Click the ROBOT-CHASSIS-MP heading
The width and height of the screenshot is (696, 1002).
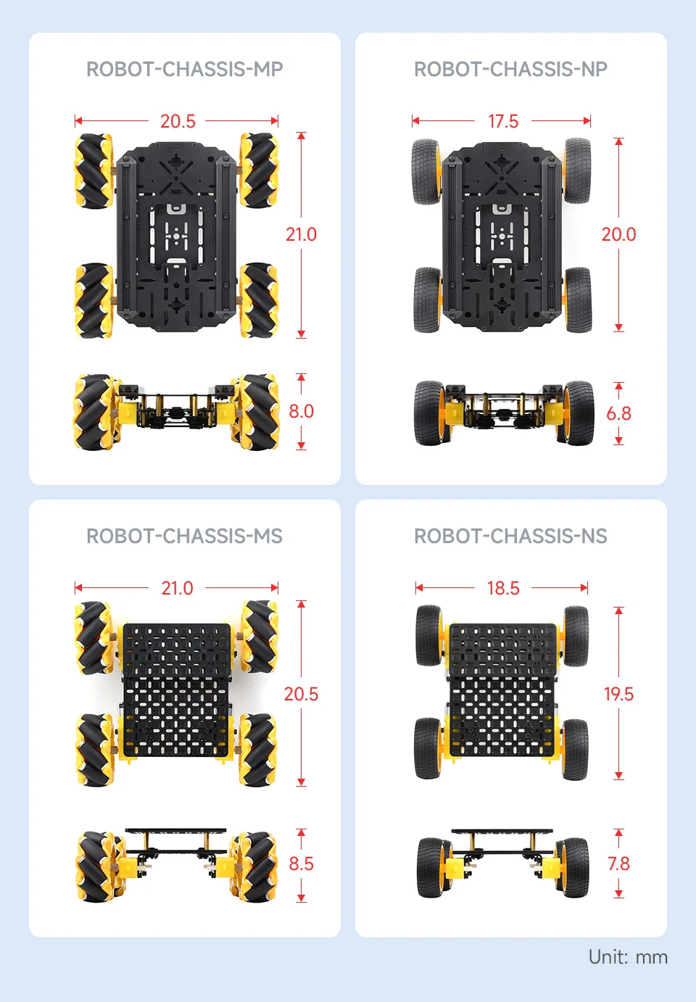click(184, 69)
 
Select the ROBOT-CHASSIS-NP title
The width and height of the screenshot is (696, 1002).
click(510, 69)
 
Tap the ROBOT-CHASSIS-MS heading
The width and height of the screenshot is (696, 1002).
click(184, 536)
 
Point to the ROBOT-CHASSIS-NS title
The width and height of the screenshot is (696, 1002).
click(510, 536)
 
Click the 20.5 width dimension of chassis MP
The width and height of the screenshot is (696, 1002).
click(178, 121)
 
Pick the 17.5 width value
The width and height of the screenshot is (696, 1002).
click(503, 121)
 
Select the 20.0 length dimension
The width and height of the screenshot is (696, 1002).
click(618, 234)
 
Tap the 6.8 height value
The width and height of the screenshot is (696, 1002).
click(618, 413)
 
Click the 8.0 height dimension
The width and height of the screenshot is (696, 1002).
click(301, 411)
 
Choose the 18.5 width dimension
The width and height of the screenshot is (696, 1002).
click(503, 588)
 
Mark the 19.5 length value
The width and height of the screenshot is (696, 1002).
click(618, 694)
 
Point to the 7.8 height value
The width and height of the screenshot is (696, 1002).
click(618, 864)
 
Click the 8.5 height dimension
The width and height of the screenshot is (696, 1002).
click(301, 864)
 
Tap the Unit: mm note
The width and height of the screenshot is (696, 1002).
click(628, 957)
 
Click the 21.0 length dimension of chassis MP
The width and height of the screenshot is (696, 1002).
click(301, 234)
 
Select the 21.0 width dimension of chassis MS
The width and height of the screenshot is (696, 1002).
click(178, 588)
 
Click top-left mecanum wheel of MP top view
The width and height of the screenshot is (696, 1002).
click(94, 171)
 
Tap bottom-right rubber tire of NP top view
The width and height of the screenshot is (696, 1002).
click(577, 300)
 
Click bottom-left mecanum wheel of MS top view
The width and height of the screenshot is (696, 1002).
click(94, 749)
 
